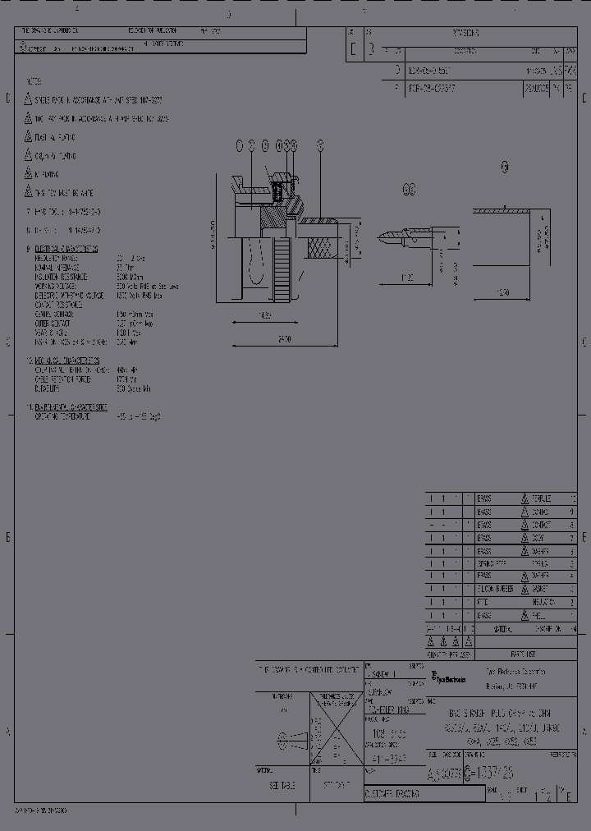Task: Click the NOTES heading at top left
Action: click(35, 84)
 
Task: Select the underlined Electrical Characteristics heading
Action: click(66, 248)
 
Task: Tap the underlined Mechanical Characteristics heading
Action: click(66, 360)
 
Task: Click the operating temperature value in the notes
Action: click(139, 416)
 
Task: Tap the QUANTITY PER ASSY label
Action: click(448, 655)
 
